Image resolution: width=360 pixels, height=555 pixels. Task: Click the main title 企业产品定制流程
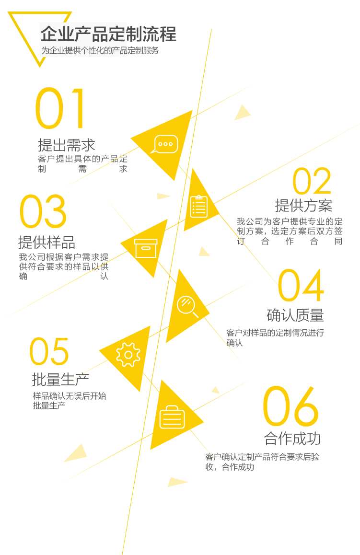click(108, 34)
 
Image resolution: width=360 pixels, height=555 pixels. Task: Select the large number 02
click(312, 182)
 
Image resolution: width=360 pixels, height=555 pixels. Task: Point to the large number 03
click(43, 211)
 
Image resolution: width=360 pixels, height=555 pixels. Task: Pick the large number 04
click(301, 286)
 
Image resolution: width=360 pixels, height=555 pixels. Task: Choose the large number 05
click(49, 351)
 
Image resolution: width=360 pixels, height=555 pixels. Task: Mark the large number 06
click(290, 406)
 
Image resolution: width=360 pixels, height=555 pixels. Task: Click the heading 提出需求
click(66, 145)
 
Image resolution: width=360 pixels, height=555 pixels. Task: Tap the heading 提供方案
click(303, 205)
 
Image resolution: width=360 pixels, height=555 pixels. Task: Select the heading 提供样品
click(46, 242)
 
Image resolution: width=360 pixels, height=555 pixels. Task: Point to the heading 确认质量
click(295, 315)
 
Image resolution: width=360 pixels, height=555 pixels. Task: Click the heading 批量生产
click(60, 379)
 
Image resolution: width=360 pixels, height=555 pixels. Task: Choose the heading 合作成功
click(292, 438)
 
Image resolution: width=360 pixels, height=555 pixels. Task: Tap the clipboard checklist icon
click(199, 206)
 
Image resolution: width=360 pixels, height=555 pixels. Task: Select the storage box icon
click(146, 248)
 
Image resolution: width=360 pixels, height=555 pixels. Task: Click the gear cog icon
click(128, 355)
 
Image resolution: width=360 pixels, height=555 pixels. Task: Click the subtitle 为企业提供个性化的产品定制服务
click(100, 50)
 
